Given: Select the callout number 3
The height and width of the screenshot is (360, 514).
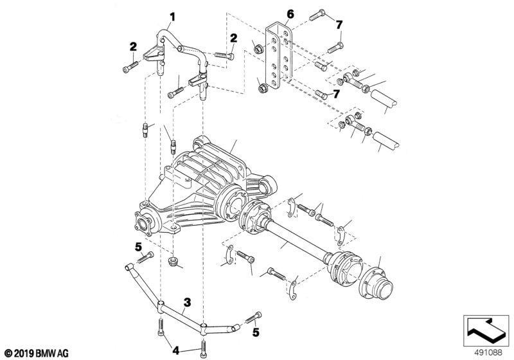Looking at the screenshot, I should click(x=187, y=301).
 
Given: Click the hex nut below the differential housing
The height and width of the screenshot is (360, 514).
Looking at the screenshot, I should click(x=173, y=263).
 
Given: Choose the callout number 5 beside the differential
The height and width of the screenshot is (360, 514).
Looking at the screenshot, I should click(x=137, y=245).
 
